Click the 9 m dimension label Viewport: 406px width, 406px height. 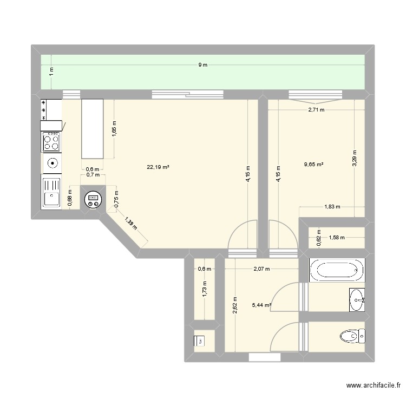point(203,65)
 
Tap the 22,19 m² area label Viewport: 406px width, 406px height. point(158,167)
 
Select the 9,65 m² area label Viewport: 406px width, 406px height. point(314,164)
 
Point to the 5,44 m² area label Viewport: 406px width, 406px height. point(261,305)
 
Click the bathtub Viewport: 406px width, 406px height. point(337,270)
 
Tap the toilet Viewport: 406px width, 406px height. point(352,336)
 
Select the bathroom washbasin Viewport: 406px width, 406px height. point(357,300)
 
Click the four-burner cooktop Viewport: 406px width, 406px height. point(51,142)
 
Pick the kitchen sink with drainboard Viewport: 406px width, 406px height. point(51,192)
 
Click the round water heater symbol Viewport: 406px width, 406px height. point(93,200)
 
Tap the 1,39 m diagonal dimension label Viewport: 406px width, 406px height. point(131,224)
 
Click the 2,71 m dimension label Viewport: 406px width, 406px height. point(316,110)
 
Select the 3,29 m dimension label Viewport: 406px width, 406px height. point(355,158)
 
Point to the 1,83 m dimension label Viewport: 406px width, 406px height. point(332,207)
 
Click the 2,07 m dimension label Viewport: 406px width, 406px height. point(261,269)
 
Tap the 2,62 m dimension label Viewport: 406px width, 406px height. point(235,305)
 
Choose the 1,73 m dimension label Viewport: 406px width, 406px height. point(205,289)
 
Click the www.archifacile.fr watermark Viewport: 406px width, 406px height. point(374,385)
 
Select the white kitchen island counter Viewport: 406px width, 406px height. point(93,129)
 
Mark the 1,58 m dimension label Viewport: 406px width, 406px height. point(337,238)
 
